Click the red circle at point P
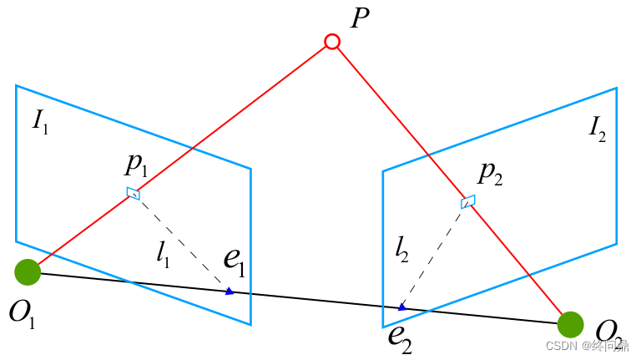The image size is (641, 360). click(x=332, y=42)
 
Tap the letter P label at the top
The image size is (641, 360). click(x=360, y=19)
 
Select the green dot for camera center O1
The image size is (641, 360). click(x=28, y=272)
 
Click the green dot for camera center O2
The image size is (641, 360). click(x=570, y=324)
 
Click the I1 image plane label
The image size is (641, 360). click(x=40, y=121)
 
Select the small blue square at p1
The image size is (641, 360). click(x=133, y=194)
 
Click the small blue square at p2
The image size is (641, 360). click(x=468, y=200)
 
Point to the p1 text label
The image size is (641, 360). click(x=136, y=165)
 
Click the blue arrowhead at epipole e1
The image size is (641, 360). click(x=230, y=292)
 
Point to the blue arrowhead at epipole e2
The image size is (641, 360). click(x=402, y=307)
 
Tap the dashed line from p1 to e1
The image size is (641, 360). click(x=182, y=243)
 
